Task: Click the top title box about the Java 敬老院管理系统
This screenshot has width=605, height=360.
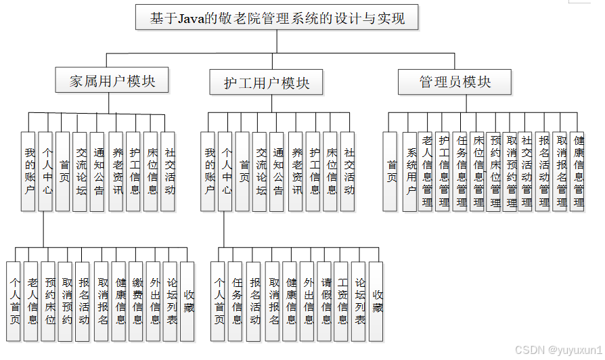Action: click(277, 18)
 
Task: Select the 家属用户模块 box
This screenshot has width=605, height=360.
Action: click(112, 81)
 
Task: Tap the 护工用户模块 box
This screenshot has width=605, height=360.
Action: click(267, 83)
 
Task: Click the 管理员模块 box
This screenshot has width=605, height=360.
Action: click(455, 82)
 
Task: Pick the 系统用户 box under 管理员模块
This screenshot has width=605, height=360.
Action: click(409, 171)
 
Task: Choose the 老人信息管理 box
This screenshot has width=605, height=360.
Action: click(426, 171)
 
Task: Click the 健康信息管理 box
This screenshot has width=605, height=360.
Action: click(577, 171)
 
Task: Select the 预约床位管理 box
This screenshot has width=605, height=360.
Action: click(495, 171)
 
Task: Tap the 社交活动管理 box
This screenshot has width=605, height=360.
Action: click(526, 171)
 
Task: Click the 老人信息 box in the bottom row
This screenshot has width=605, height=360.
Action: click(32, 301)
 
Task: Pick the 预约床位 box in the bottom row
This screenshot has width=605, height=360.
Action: click(49, 301)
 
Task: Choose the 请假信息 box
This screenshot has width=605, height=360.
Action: click(325, 301)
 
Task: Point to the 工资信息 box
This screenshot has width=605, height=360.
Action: click(342, 301)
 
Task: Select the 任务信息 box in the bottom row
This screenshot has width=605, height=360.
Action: click(236, 301)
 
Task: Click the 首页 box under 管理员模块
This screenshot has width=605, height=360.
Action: click(391, 171)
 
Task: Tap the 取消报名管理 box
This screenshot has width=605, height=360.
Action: click(560, 171)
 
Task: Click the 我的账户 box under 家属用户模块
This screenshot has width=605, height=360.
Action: click(28, 171)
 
